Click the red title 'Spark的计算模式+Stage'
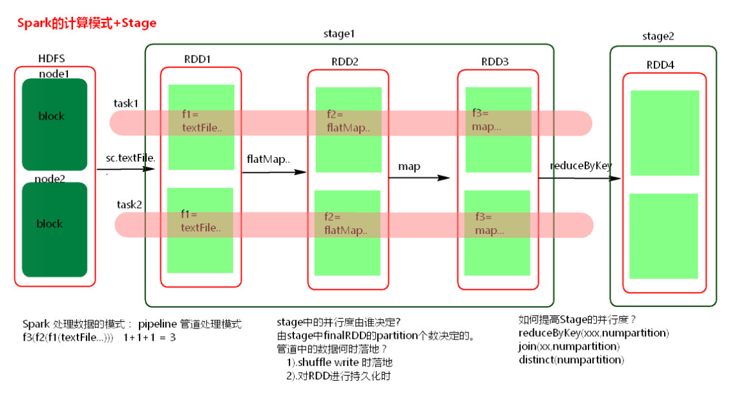click(87, 23)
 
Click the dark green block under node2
click(54, 230)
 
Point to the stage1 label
click(339, 34)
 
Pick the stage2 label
click(658, 36)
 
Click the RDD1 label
click(198, 59)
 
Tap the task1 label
click(127, 103)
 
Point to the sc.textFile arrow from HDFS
click(126, 169)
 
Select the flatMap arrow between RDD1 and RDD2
click(274, 173)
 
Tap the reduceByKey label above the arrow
click(580, 165)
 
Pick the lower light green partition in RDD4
click(663, 236)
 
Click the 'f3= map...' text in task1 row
click(486, 120)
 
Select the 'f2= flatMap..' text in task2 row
click(346, 223)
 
